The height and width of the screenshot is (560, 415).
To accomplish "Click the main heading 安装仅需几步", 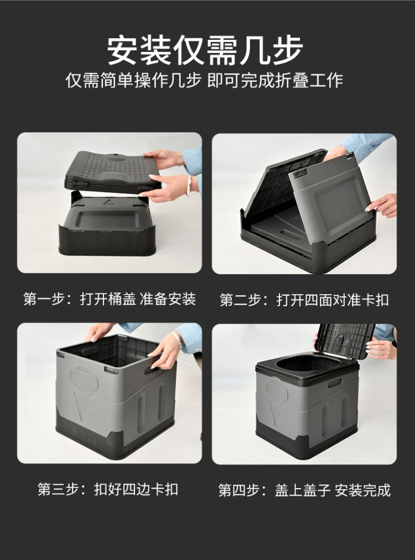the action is (205, 50).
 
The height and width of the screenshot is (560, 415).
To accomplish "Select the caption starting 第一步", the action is (110, 299).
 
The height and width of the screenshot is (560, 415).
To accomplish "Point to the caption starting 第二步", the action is (304, 300).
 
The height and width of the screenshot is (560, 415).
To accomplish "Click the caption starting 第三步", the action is (108, 489).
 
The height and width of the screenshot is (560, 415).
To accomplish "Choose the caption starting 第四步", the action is (304, 490).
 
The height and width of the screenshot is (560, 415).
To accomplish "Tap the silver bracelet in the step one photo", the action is (190, 182).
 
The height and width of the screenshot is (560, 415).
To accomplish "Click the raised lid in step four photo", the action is (345, 341).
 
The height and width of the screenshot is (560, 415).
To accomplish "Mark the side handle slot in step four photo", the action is (335, 384).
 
